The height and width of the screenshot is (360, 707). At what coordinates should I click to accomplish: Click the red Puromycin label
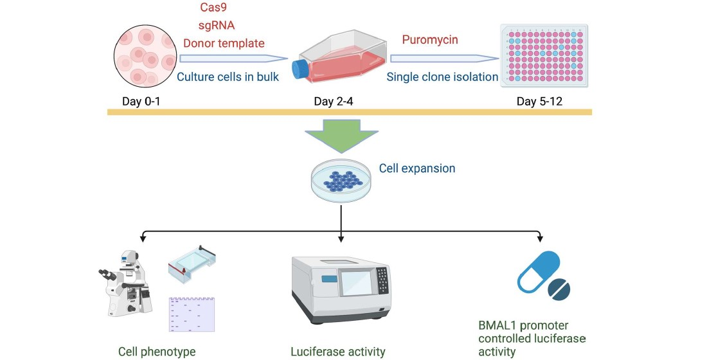pyautogui.click(x=430, y=40)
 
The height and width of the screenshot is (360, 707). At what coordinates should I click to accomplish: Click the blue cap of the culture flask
pyautogui.click(x=300, y=69)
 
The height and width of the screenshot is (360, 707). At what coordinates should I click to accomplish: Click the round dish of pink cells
pyautogui.click(x=146, y=57)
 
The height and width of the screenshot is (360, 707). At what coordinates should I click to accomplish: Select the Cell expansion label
pyautogui.click(x=417, y=168)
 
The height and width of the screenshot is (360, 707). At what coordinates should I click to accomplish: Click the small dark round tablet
pyautogui.click(x=559, y=289)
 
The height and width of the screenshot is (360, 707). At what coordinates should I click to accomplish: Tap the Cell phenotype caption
pyautogui.click(x=157, y=352)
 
